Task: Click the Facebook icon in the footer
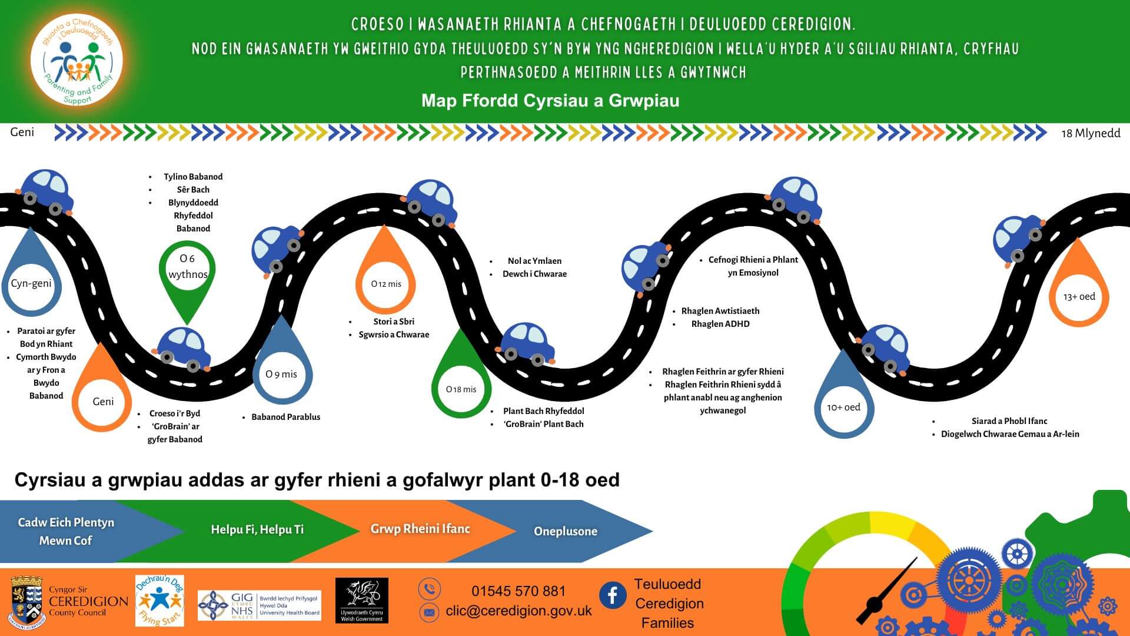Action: (x=613, y=595)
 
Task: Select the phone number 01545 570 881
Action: (x=518, y=591)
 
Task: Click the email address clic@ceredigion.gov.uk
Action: (x=519, y=611)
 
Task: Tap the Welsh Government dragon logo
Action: (x=361, y=600)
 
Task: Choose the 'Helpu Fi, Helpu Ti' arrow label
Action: (x=257, y=529)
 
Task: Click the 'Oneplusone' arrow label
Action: (x=565, y=531)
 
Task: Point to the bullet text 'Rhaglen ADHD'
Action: (x=720, y=324)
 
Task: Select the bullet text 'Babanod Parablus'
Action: (x=285, y=417)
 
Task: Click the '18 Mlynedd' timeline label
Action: (x=1090, y=133)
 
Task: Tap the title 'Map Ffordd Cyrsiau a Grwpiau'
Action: (x=550, y=101)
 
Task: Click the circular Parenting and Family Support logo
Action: (x=77, y=61)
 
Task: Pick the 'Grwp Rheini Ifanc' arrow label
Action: (x=420, y=529)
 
